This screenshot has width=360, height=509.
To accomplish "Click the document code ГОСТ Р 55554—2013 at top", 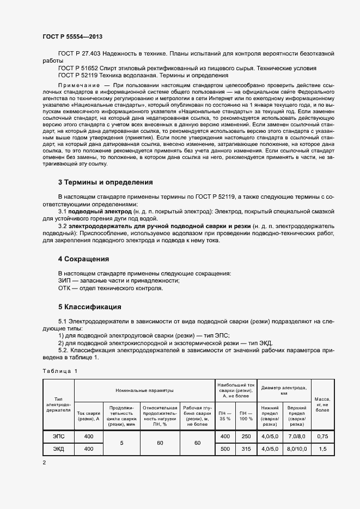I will click(72, 36).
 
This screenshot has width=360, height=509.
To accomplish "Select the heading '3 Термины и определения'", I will click(105, 182).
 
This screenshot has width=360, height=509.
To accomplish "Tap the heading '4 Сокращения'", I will click(83, 259).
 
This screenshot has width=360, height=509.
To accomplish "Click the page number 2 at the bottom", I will click(44, 462).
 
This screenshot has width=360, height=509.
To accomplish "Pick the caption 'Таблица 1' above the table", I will click(60, 371).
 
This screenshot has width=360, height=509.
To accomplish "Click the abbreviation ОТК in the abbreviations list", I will click(65, 289).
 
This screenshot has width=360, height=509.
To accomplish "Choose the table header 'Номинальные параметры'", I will click(144, 390).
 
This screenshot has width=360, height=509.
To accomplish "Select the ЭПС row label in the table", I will click(58, 437).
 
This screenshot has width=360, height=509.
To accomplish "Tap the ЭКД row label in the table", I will click(58, 449).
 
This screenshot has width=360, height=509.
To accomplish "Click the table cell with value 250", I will click(246, 437).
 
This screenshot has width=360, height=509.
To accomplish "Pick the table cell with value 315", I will click(246, 449).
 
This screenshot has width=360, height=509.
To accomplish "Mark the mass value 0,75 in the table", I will click(322, 437).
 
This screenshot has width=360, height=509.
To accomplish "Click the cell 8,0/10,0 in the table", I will click(296, 449).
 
